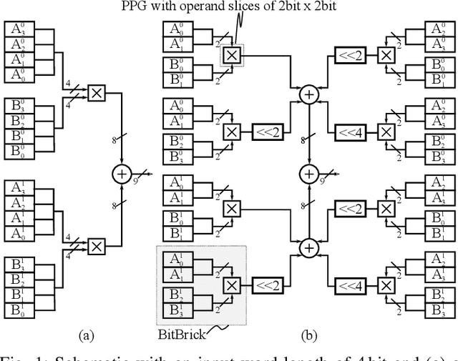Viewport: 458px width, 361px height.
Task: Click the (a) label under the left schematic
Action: click(x=86, y=334)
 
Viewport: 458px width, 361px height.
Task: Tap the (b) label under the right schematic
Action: click(x=309, y=334)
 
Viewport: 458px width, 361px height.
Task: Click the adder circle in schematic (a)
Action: click(x=121, y=174)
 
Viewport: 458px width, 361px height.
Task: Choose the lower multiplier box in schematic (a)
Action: click(x=97, y=245)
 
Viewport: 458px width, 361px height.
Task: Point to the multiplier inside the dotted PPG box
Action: click(x=231, y=55)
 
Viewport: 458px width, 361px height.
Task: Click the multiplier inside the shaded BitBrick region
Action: click(x=231, y=285)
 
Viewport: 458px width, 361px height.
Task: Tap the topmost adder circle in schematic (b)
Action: click(x=309, y=94)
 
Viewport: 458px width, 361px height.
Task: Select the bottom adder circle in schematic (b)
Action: click(x=309, y=247)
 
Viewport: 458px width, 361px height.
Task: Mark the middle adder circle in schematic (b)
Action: click(x=309, y=174)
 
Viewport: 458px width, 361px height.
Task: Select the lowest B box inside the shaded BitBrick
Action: click(x=175, y=310)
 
